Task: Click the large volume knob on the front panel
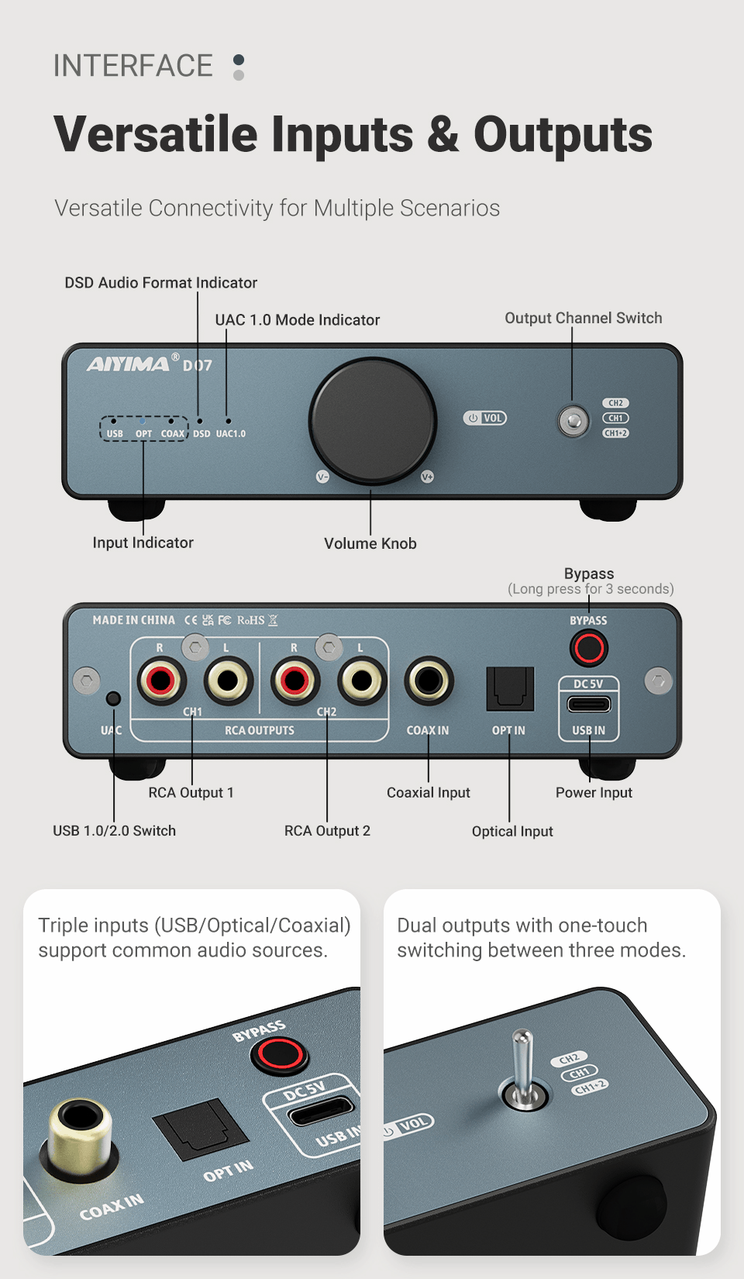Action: (x=373, y=419)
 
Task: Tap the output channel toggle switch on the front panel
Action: (x=573, y=421)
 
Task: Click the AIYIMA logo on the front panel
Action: (x=129, y=364)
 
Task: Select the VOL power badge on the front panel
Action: (x=485, y=418)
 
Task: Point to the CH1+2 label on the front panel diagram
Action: (x=616, y=433)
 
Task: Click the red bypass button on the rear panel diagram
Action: (x=589, y=648)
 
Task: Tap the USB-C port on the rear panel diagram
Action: (x=589, y=704)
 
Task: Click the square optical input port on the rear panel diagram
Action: (x=510, y=688)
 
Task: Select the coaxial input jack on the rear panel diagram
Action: (x=429, y=681)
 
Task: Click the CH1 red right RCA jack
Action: (x=161, y=681)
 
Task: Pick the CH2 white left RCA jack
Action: (x=362, y=681)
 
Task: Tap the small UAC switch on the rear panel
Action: (x=113, y=698)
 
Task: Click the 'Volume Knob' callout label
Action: (x=370, y=543)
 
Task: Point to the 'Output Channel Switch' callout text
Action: (x=584, y=318)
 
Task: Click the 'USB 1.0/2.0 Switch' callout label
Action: (x=115, y=831)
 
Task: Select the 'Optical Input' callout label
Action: (x=512, y=832)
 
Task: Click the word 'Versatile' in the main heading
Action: (x=155, y=134)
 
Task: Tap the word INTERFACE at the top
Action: (x=133, y=66)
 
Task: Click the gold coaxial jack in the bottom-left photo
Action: (x=79, y=1124)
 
